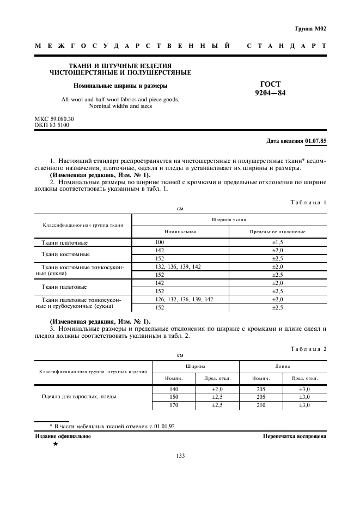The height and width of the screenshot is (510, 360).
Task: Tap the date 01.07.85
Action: tap(315, 141)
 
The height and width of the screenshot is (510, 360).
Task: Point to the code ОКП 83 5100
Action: tap(52, 125)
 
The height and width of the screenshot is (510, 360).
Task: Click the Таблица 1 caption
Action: tap(309, 202)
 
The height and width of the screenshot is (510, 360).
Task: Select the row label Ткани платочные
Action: tap(65, 242)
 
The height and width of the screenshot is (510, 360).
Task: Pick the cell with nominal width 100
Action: tap(160, 242)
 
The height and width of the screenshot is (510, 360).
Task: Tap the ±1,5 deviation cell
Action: tap(278, 242)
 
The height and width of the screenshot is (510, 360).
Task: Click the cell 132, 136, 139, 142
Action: tap(178, 266)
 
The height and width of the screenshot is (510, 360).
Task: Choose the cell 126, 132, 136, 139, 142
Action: tap(184, 299)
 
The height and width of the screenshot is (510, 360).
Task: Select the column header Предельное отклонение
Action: tap(278, 232)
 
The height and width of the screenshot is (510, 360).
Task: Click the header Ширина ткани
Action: tap(229, 220)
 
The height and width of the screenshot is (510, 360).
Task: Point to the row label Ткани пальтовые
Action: tap(65, 287)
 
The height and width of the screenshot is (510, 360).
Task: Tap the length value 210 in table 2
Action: tap(261, 405)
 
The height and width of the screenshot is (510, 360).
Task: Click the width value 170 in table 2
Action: tap(174, 405)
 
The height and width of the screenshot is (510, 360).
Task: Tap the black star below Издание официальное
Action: tap(55, 444)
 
